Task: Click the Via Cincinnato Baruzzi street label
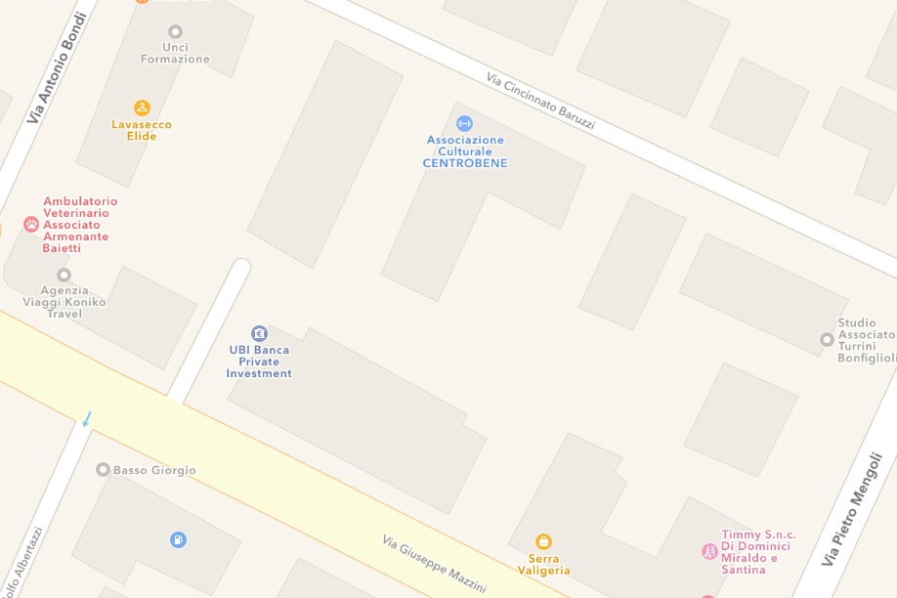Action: (540, 102)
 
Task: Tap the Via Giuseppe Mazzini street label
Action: (434, 563)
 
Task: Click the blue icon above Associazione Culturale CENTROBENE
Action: (464, 123)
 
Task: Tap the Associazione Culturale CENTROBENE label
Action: (465, 151)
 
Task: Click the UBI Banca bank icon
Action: (259, 333)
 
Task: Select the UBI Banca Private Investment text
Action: (259, 362)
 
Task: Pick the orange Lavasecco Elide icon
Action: (142, 107)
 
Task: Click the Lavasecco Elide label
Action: (134, 130)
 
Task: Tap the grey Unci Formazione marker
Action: (175, 31)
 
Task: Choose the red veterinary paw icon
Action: (31, 225)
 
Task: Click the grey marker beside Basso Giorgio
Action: (103, 470)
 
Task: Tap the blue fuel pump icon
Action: (178, 538)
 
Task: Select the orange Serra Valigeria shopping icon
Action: (543, 541)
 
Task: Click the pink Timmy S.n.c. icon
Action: (709, 552)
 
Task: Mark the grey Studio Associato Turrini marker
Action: (827, 339)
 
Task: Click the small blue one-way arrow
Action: (87, 418)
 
